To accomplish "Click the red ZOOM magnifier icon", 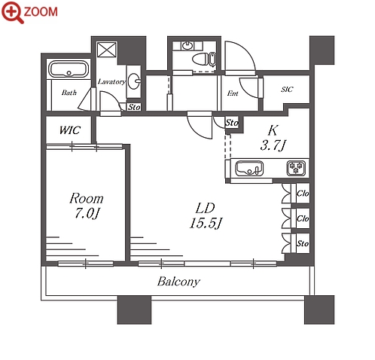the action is (12, 12).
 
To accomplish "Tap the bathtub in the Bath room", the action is (69, 69).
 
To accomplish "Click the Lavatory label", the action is (111, 81).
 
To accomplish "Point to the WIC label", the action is (70, 130).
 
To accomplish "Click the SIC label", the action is (287, 90).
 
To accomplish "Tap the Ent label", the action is (233, 93).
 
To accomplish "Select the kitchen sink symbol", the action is (249, 169).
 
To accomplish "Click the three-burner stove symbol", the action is (296, 168).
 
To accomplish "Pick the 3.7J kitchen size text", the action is (273, 145).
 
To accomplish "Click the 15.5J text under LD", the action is (206, 223).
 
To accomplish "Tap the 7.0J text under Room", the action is (87, 213).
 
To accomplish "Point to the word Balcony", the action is (178, 282).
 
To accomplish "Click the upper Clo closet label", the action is (303, 194).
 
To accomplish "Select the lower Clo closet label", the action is (303, 218).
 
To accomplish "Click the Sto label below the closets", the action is (303, 243).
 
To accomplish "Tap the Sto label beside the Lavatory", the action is (134, 107).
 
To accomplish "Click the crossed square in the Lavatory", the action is (107, 50).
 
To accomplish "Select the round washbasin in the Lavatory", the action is (134, 81).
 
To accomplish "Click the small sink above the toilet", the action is (187, 46).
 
